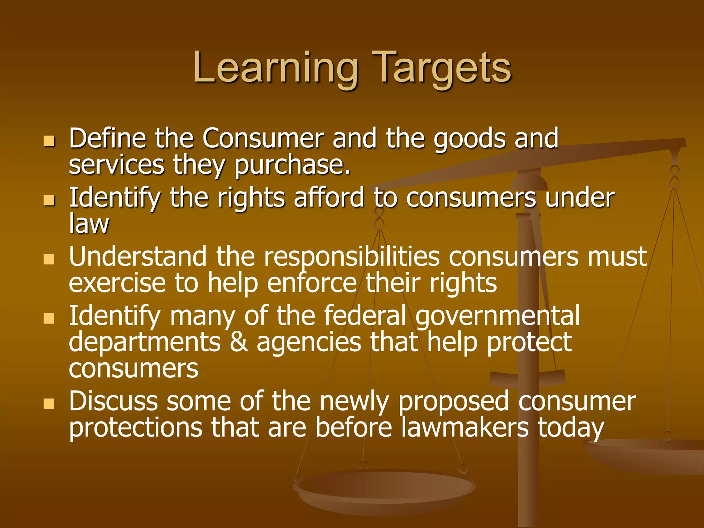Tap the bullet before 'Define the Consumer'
pos(49,141)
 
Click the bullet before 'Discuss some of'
pos(49,404)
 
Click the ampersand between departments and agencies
pos(239,342)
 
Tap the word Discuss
pos(113,401)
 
